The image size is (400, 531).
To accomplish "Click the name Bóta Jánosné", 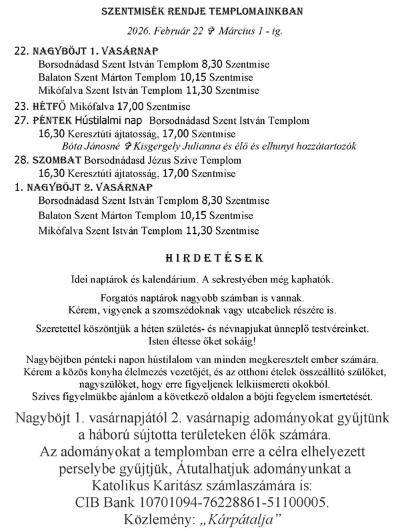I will tap(92, 146).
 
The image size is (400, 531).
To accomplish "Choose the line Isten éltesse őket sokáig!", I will tap(203, 342).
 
